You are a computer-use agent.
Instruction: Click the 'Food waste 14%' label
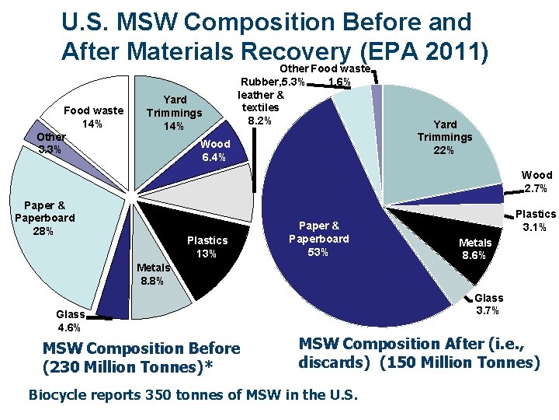(93, 117)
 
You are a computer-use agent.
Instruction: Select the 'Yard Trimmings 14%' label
(174, 113)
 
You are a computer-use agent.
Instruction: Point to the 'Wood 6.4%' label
(214, 151)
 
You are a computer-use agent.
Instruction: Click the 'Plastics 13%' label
(207, 247)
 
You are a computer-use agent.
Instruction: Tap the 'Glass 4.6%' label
(71, 320)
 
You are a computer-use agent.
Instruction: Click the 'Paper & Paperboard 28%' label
(45, 218)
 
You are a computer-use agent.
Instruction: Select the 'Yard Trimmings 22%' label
(444, 137)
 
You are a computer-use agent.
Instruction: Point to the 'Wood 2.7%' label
(536, 182)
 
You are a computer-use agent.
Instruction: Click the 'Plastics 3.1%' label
(536, 220)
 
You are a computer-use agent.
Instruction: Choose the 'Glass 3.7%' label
(489, 304)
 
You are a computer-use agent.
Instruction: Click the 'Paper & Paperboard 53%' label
(319, 239)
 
